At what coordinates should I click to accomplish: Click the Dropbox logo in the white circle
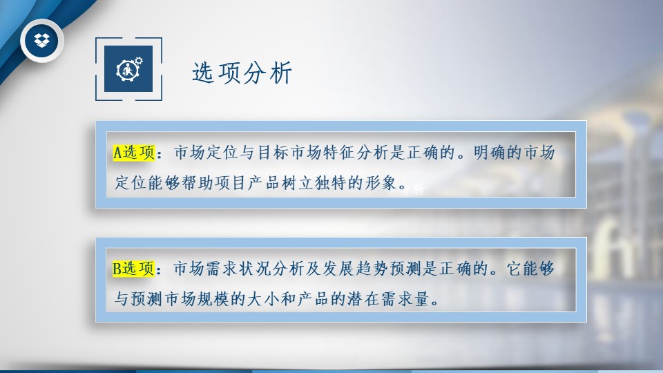(41, 41)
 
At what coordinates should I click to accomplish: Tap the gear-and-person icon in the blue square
(129, 68)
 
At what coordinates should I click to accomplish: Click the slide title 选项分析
(242, 73)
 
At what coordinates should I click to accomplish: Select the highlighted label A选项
(134, 153)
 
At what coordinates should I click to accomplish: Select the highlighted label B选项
(133, 269)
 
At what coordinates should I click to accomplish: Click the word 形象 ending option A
(380, 183)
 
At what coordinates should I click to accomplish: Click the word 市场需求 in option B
(206, 269)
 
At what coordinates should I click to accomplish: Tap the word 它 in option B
(514, 269)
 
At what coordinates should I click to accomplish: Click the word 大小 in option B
(263, 299)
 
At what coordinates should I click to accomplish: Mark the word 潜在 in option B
(363, 299)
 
